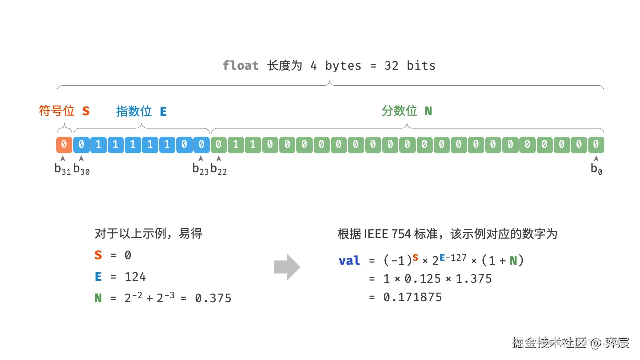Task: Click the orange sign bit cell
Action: click(64, 145)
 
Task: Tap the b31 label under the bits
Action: click(63, 169)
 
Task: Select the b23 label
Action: click(201, 169)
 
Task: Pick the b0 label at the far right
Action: click(596, 169)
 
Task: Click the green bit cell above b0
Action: click(596, 145)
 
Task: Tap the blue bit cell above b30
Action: click(81, 145)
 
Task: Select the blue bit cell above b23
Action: click(201, 145)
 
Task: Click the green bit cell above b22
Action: click(219, 145)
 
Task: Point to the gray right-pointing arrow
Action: click(287, 267)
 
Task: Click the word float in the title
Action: click(241, 66)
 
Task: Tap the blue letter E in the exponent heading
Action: click(163, 111)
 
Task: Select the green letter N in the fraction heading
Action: click(428, 111)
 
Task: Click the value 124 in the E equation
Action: click(135, 277)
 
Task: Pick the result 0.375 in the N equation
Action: click(213, 298)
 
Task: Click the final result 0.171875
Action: click(413, 297)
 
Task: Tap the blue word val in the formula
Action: click(349, 261)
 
